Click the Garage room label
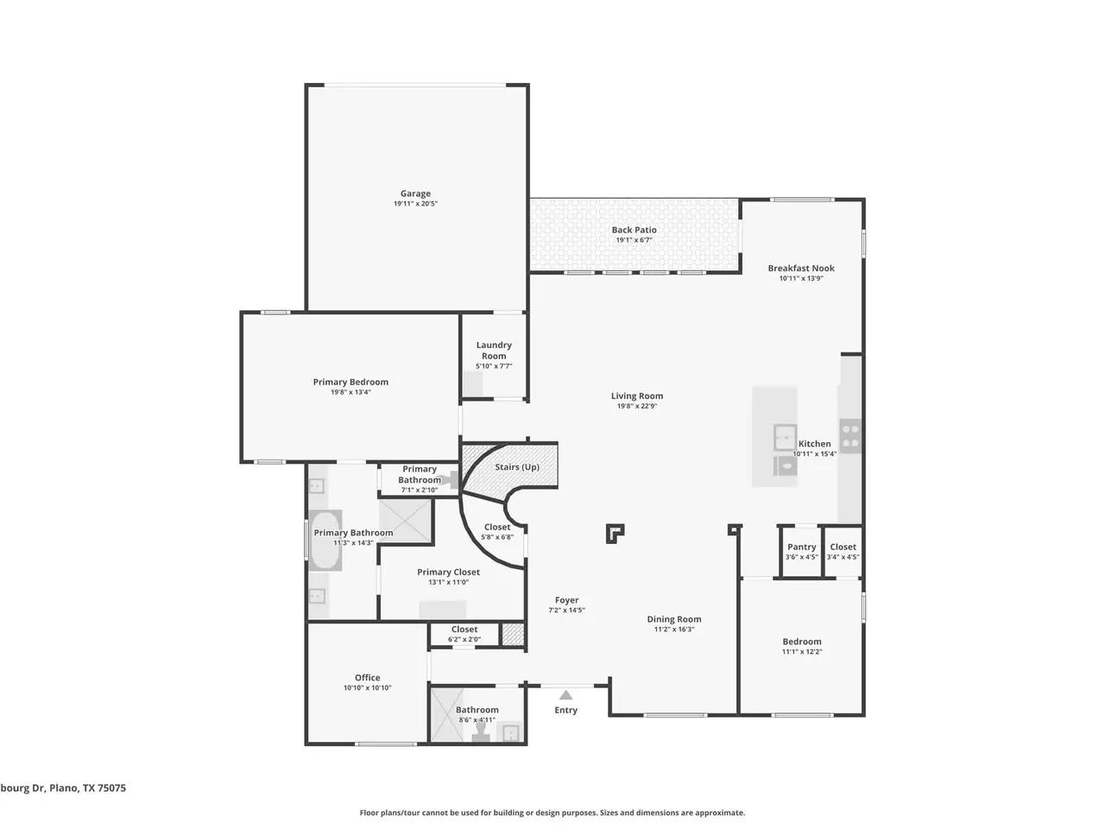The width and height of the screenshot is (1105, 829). (415, 193)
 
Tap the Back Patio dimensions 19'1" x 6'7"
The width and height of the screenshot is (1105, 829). (634, 240)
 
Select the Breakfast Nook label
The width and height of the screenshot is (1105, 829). (801, 269)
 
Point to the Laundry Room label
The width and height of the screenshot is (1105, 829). (494, 351)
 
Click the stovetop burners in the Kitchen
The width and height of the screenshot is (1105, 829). (850, 436)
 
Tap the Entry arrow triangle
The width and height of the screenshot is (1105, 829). (565, 695)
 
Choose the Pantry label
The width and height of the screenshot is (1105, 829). (801, 547)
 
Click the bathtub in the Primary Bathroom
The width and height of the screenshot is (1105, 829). (325, 540)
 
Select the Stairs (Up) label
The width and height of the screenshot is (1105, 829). (517, 467)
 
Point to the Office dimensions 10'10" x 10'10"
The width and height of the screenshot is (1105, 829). (368, 687)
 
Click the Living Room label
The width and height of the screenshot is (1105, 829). (637, 396)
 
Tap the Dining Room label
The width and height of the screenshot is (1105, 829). (674, 619)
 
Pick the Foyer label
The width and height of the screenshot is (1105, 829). (566, 600)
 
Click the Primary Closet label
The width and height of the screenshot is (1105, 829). (448, 573)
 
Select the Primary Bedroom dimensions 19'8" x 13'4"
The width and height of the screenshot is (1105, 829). (350, 392)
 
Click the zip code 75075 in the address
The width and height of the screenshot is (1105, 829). (111, 788)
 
